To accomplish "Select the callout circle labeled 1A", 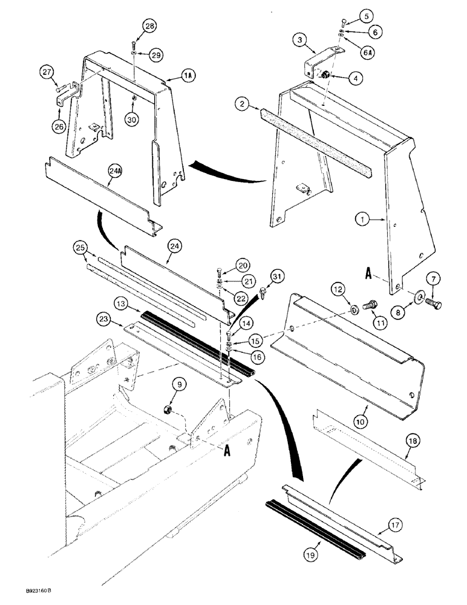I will pyautogui.click(x=188, y=77).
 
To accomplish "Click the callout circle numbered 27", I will pyautogui.click(x=48, y=73).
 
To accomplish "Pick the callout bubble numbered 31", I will pyautogui.click(x=276, y=277).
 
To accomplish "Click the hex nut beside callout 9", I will pyautogui.click(x=170, y=411).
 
